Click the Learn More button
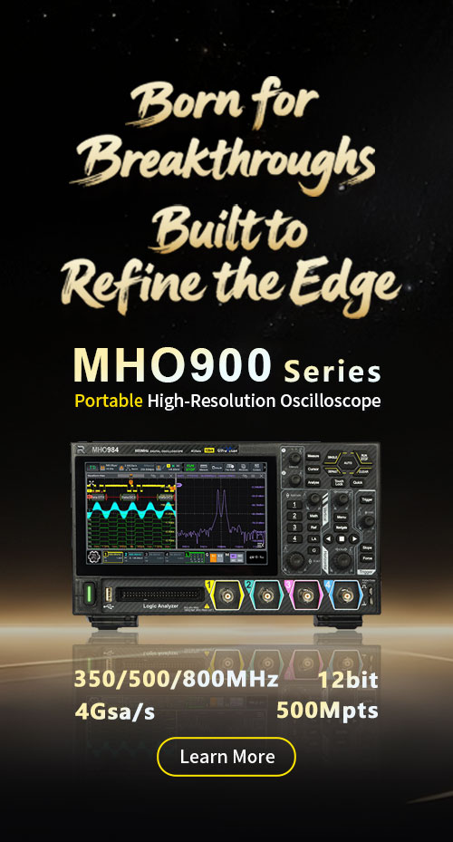(x=226, y=757)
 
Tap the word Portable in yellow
(x=108, y=400)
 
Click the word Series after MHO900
(x=332, y=370)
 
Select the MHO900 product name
(x=172, y=365)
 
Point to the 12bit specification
(x=348, y=680)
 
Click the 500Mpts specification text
(x=327, y=711)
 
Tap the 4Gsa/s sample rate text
(x=115, y=711)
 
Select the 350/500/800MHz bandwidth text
(x=176, y=680)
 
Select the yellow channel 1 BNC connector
(x=227, y=595)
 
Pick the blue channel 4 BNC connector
(x=346, y=595)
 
